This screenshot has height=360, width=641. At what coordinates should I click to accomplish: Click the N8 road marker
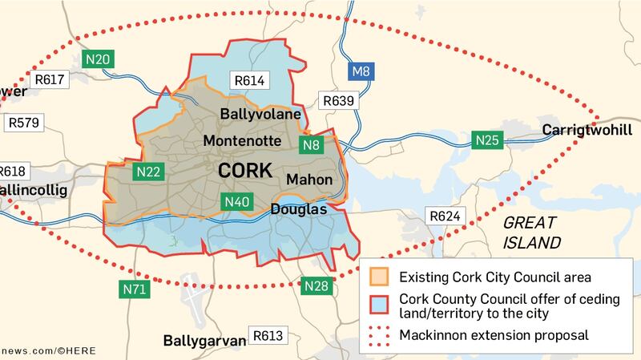click(311, 145)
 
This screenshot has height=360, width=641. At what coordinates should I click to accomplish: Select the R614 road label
click(248, 80)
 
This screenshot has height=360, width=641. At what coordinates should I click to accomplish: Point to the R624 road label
click(443, 216)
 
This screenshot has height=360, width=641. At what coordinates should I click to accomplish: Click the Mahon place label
click(308, 180)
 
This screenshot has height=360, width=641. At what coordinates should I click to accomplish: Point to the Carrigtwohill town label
click(587, 130)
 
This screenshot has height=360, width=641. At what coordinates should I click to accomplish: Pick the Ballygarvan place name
click(204, 340)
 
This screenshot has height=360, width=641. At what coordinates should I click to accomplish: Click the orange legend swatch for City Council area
click(378, 277)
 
